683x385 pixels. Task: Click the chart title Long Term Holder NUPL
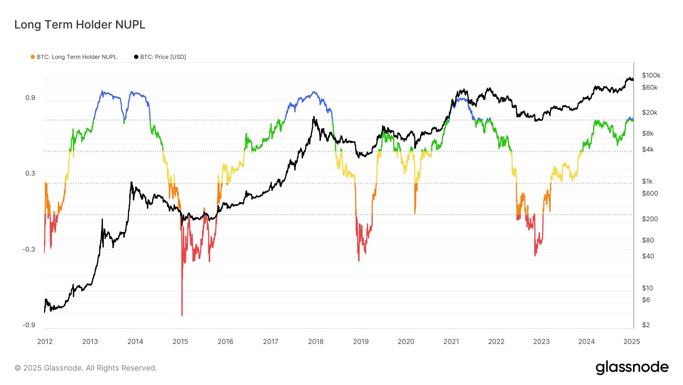point(80,25)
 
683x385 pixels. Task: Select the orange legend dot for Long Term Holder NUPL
point(33,57)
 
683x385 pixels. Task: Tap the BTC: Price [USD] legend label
point(163,57)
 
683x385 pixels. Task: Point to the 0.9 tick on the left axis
point(30,98)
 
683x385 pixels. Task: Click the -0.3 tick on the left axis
point(29,249)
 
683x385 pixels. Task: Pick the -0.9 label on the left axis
point(29,325)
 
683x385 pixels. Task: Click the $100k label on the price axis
point(651,75)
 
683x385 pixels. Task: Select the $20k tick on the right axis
point(650,112)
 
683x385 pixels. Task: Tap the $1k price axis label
point(647,181)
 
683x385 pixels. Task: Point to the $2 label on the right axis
point(646,325)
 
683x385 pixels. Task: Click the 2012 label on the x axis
point(45,341)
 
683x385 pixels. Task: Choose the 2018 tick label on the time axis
point(316,341)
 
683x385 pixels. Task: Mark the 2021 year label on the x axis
point(451,341)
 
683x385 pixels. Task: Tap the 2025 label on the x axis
point(632,341)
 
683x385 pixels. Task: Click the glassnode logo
point(632,367)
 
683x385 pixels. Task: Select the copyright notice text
point(86,368)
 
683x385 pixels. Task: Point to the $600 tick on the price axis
point(650,193)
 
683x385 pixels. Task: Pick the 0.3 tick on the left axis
point(30,173)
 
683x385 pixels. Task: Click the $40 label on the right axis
point(648,256)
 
